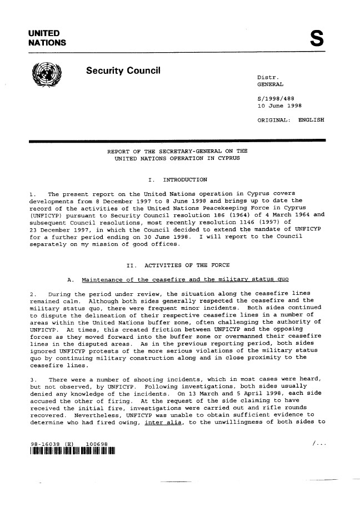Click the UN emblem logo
coord(49,78)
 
